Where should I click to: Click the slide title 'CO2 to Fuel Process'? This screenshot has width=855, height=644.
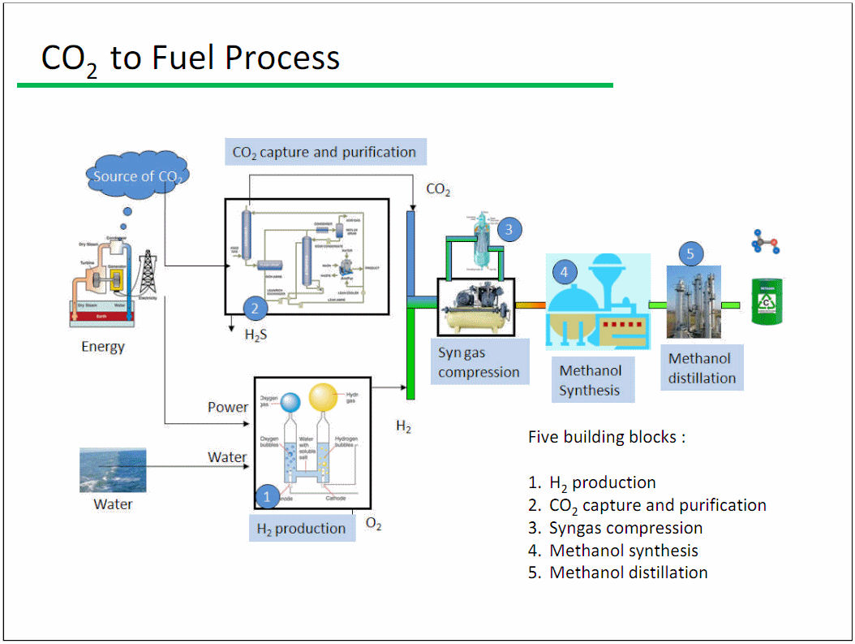click(190, 58)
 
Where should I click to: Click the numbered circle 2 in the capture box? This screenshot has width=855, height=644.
click(255, 308)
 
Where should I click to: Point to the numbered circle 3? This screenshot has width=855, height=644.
click(509, 229)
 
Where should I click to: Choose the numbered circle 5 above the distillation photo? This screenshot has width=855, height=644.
click(690, 254)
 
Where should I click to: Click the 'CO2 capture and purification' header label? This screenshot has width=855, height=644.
click(324, 152)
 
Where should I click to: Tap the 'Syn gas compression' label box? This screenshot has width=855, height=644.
click(479, 362)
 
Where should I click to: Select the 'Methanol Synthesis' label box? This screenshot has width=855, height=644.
click(591, 380)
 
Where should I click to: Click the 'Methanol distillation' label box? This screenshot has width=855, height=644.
click(702, 368)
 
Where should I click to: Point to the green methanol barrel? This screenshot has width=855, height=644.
click(767, 302)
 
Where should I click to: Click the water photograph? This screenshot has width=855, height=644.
click(113, 470)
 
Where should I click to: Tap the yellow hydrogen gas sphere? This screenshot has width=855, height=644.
click(323, 398)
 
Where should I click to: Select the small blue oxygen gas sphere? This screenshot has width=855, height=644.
click(290, 401)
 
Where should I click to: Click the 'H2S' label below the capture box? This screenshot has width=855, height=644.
click(256, 334)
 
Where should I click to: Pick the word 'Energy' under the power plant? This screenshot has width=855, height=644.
click(103, 347)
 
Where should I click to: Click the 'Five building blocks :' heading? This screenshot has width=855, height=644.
click(607, 437)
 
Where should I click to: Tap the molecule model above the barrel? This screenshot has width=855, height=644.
click(766, 242)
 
